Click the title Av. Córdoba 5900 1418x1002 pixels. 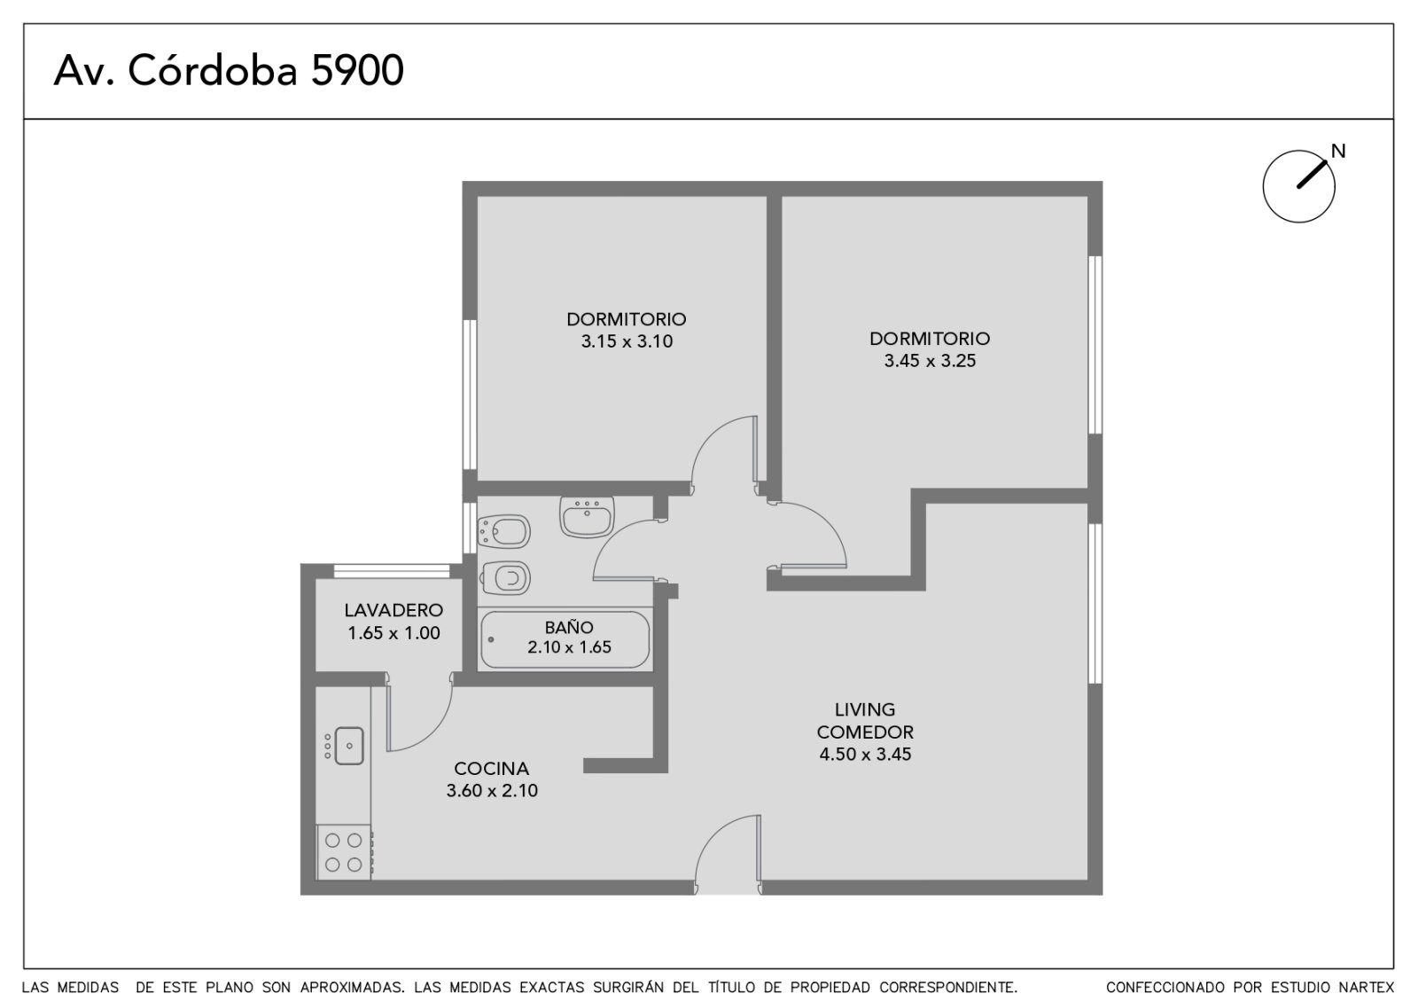tap(229, 70)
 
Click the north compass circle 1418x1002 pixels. tap(1298, 186)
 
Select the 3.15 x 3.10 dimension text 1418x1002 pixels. tap(627, 341)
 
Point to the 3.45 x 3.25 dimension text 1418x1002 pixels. tap(930, 361)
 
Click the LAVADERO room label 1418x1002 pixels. tap(393, 610)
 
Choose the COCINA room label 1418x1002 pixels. tap(491, 768)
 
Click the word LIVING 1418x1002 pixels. tap(865, 709)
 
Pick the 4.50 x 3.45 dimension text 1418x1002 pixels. tap(865, 755)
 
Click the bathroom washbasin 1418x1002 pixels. tap(587, 517)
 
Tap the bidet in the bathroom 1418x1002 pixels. tap(504, 531)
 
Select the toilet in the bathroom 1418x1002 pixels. tap(505, 577)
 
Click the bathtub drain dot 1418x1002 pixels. tap(491, 639)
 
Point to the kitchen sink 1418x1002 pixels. tap(349, 746)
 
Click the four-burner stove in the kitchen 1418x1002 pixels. tap(344, 852)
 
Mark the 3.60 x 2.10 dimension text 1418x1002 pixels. tap(491, 791)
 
